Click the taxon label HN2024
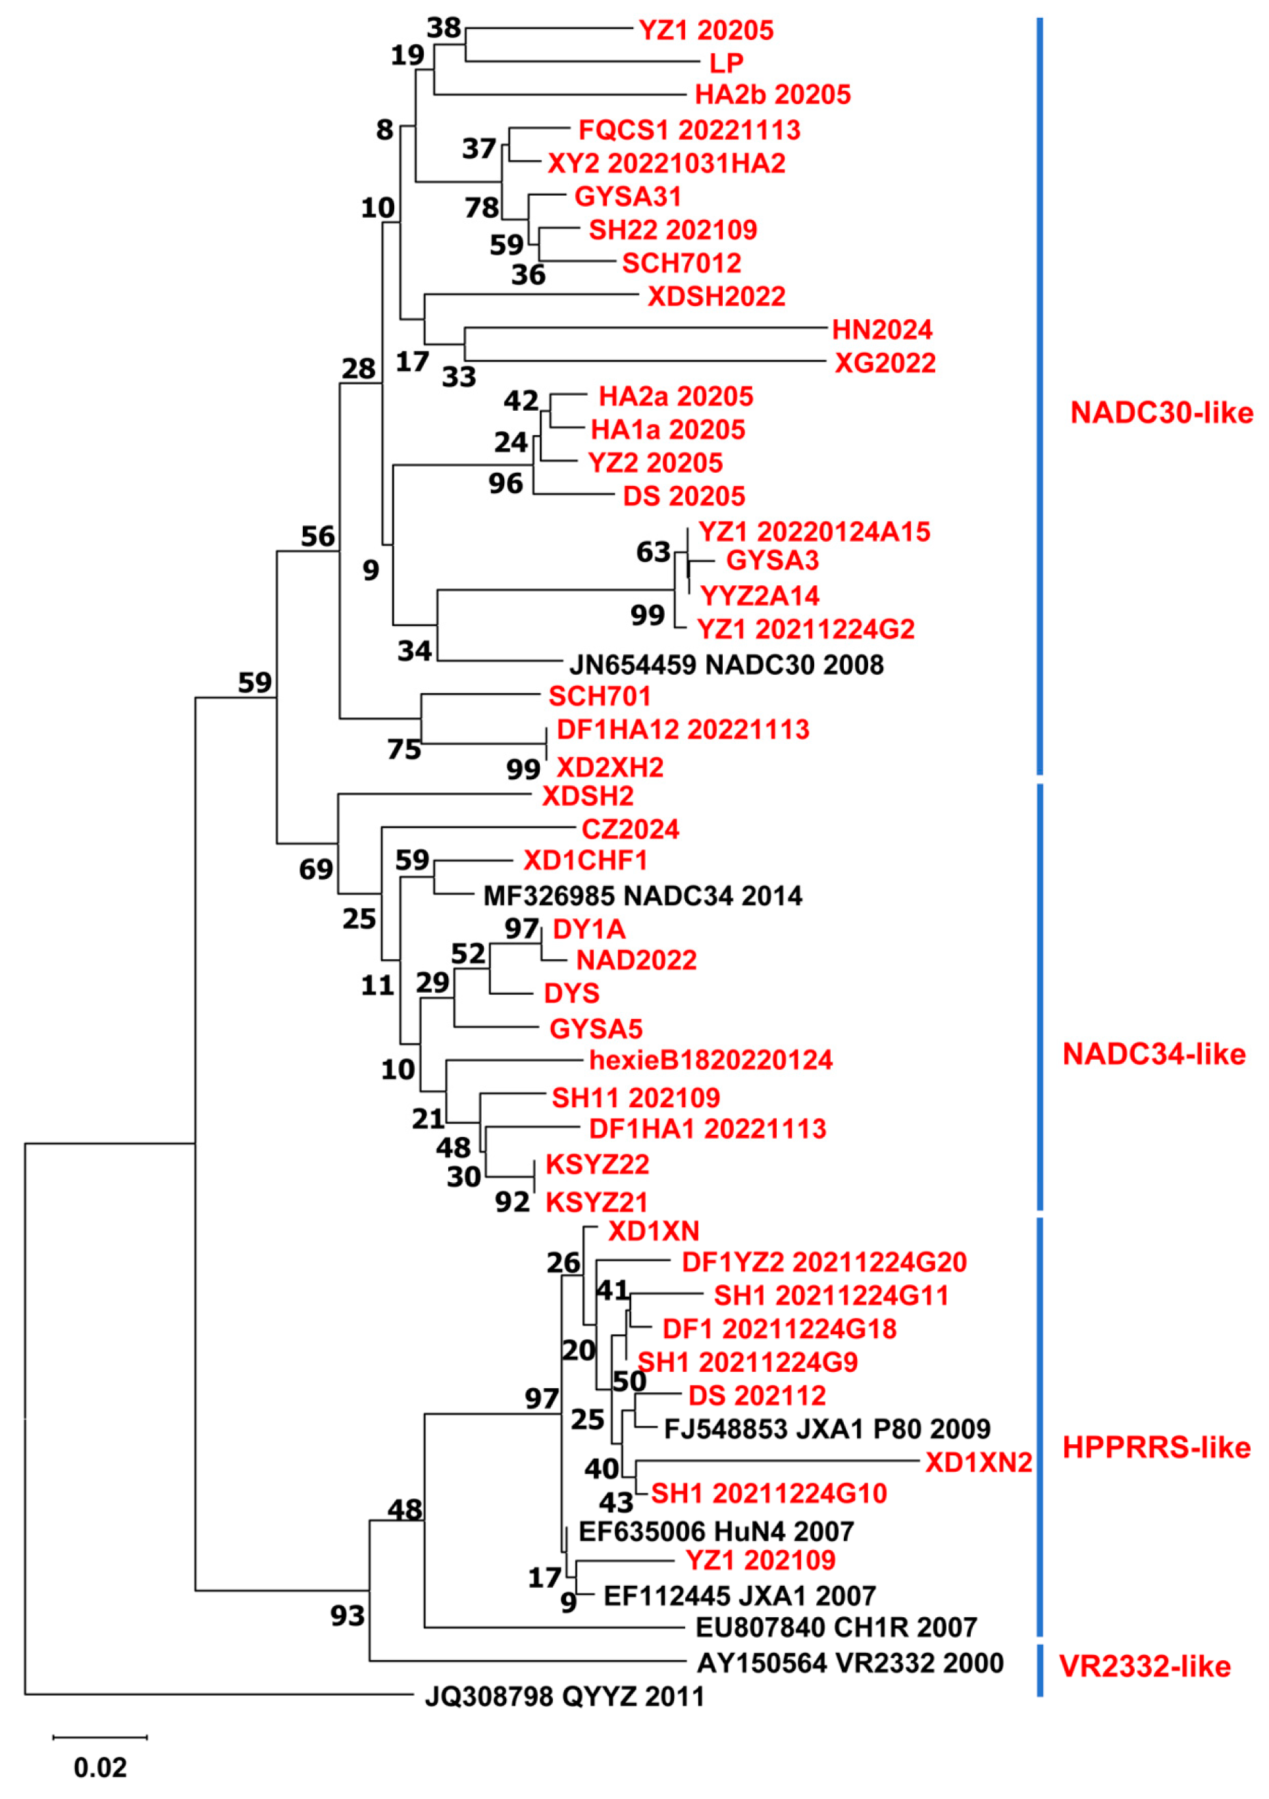881,330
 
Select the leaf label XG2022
885,363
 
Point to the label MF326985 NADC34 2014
642,896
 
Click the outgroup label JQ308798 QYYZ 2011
564,1696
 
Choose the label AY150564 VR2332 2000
850,1663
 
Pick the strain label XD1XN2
978,1462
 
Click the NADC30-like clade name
1161,413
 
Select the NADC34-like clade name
1153,1055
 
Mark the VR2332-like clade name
1145,1666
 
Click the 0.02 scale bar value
100,1767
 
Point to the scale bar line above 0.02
100,1737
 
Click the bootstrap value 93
347,1615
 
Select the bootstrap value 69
316,869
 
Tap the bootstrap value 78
481,207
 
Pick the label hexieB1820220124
710,1060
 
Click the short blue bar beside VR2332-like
1039,1671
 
